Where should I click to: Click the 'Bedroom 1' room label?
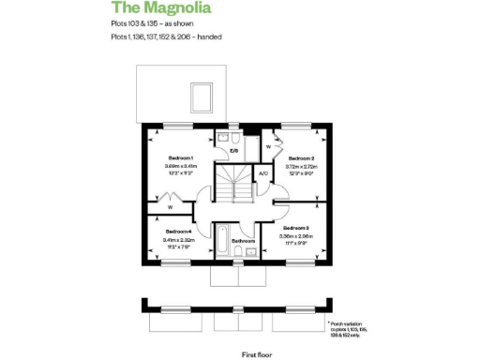180,157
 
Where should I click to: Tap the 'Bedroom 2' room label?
300,158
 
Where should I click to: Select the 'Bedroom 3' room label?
295,228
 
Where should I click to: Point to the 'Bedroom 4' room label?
178,231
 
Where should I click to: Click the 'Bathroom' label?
244,241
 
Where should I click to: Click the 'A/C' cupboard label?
263,174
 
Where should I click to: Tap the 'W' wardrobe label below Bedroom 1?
171,206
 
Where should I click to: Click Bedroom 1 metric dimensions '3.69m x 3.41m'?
180,166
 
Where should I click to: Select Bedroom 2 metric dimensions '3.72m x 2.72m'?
300,167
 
